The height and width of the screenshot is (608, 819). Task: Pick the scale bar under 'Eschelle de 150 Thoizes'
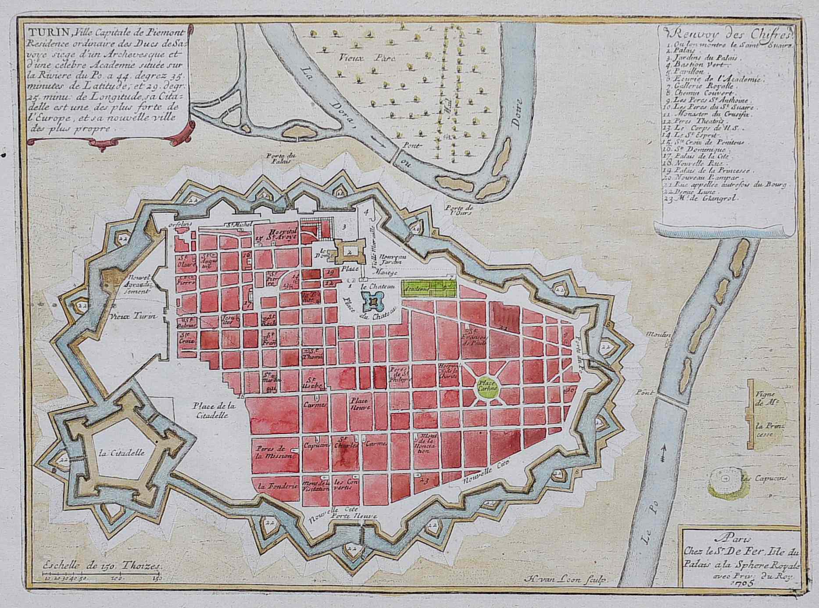pos(103,573)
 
